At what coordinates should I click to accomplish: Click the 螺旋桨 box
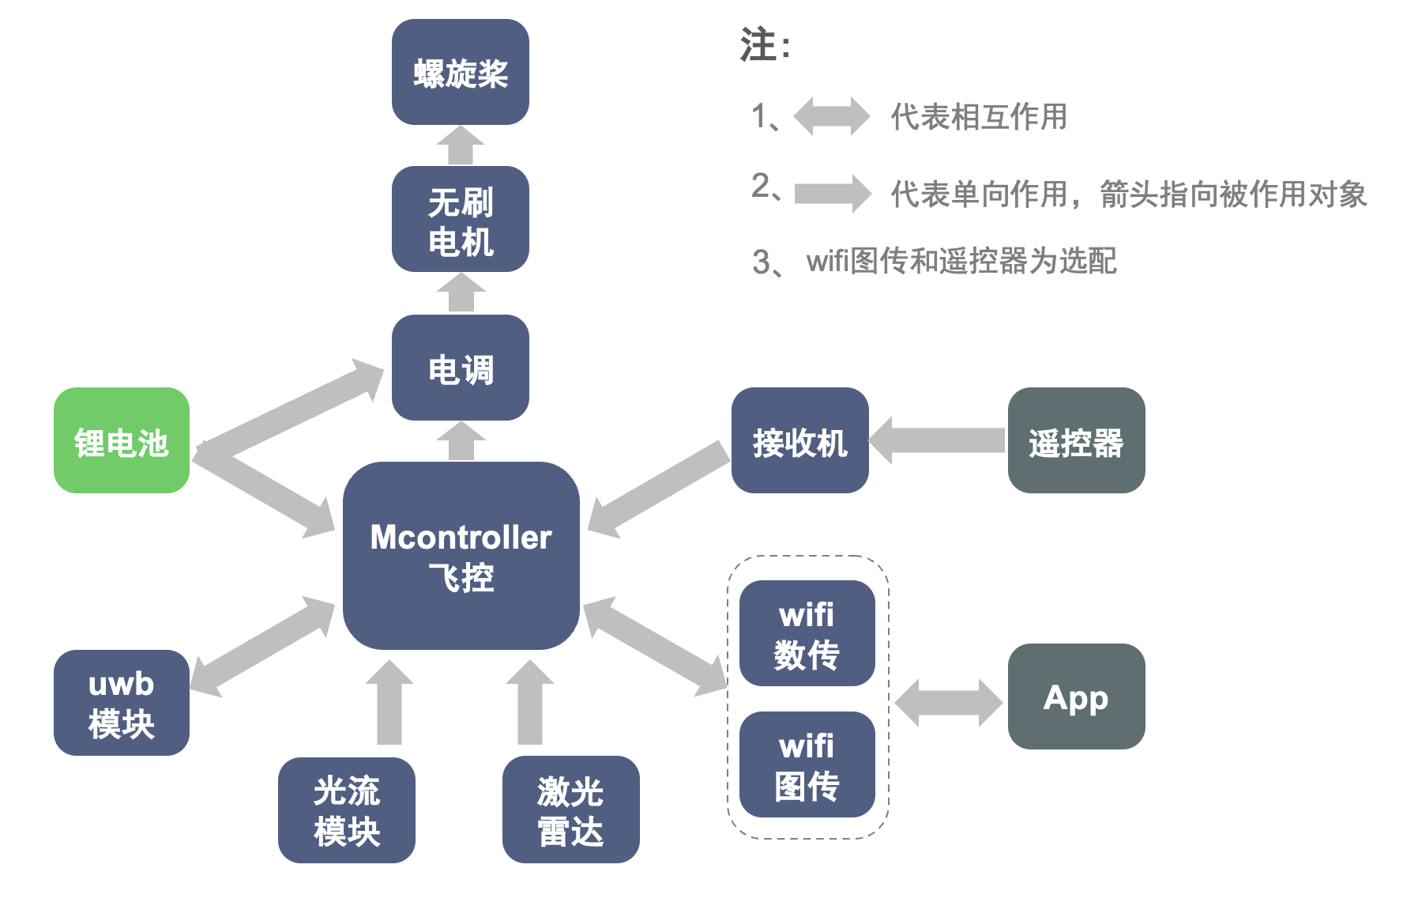point(461,72)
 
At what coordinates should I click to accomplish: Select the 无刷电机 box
point(461,219)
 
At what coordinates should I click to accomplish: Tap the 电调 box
point(461,368)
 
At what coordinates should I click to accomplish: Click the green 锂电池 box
point(122,440)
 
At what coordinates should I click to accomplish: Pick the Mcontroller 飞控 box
point(461,556)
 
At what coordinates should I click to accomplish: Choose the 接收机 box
point(799,440)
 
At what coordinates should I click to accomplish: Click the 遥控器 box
point(1076,440)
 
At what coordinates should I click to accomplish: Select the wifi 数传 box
point(807,633)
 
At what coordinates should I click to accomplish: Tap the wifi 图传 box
point(807,764)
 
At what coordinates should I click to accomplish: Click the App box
point(1076,696)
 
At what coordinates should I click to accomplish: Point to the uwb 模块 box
point(122,703)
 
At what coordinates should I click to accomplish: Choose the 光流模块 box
point(347,810)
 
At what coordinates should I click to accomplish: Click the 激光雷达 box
point(570,810)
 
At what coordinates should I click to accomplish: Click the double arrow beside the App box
point(948,702)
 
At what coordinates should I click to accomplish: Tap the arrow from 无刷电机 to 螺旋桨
point(461,146)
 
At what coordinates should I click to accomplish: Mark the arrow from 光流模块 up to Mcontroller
point(389,703)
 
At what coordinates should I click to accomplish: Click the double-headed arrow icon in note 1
point(831,116)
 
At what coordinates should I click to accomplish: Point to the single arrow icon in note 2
point(833,193)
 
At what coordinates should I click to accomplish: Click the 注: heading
point(764,45)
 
